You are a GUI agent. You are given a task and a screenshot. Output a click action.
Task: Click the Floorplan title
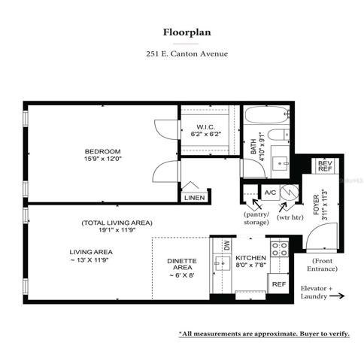click(187, 32)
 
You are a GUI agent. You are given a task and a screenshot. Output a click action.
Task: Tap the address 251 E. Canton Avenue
click(187, 54)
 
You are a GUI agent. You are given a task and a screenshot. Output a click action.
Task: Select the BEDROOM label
click(103, 151)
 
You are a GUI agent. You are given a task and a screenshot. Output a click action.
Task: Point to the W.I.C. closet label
click(205, 127)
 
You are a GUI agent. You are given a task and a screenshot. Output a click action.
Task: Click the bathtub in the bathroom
click(267, 114)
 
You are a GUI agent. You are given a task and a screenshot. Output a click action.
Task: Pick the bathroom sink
click(280, 164)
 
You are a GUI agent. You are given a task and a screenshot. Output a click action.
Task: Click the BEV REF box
click(325, 166)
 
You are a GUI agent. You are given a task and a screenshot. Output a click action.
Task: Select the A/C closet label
click(270, 193)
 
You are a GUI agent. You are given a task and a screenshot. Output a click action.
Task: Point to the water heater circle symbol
click(289, 193)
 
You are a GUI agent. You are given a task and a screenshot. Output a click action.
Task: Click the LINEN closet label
click(195, 198)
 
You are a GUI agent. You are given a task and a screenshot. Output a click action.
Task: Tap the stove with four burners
click(279, 249)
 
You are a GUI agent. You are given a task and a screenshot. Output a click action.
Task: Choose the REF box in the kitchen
click(279, 284)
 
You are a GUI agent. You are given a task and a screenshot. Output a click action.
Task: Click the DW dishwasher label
click(227, 245)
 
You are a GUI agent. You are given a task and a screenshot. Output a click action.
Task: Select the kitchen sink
click(222, 263)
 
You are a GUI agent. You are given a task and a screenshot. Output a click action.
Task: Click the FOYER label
click(317, 205)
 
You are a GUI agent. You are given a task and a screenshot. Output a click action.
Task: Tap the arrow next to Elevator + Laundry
click(337, 296)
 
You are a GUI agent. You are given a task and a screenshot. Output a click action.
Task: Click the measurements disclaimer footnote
click(264, 334)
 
